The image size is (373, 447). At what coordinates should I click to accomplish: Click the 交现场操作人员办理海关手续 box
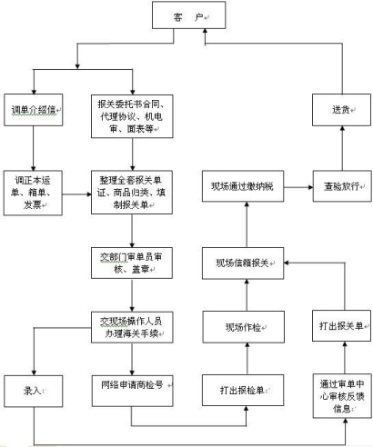coord(131,326)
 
